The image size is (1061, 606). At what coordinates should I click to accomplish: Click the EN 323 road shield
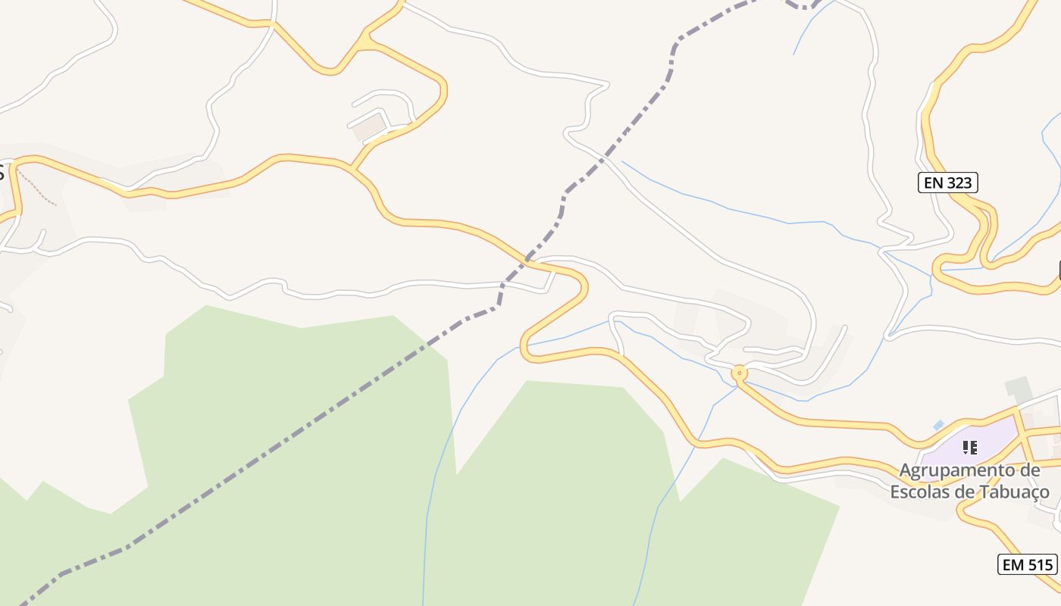948,183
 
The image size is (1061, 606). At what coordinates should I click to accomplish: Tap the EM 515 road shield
1028,564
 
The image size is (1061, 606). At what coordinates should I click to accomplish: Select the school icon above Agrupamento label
969,448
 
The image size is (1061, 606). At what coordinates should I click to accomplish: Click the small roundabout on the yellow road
740,373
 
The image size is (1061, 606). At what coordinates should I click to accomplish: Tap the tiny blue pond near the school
939,425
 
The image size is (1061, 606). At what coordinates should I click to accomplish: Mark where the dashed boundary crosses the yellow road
527,261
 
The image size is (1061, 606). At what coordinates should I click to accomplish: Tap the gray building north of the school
1019,389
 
